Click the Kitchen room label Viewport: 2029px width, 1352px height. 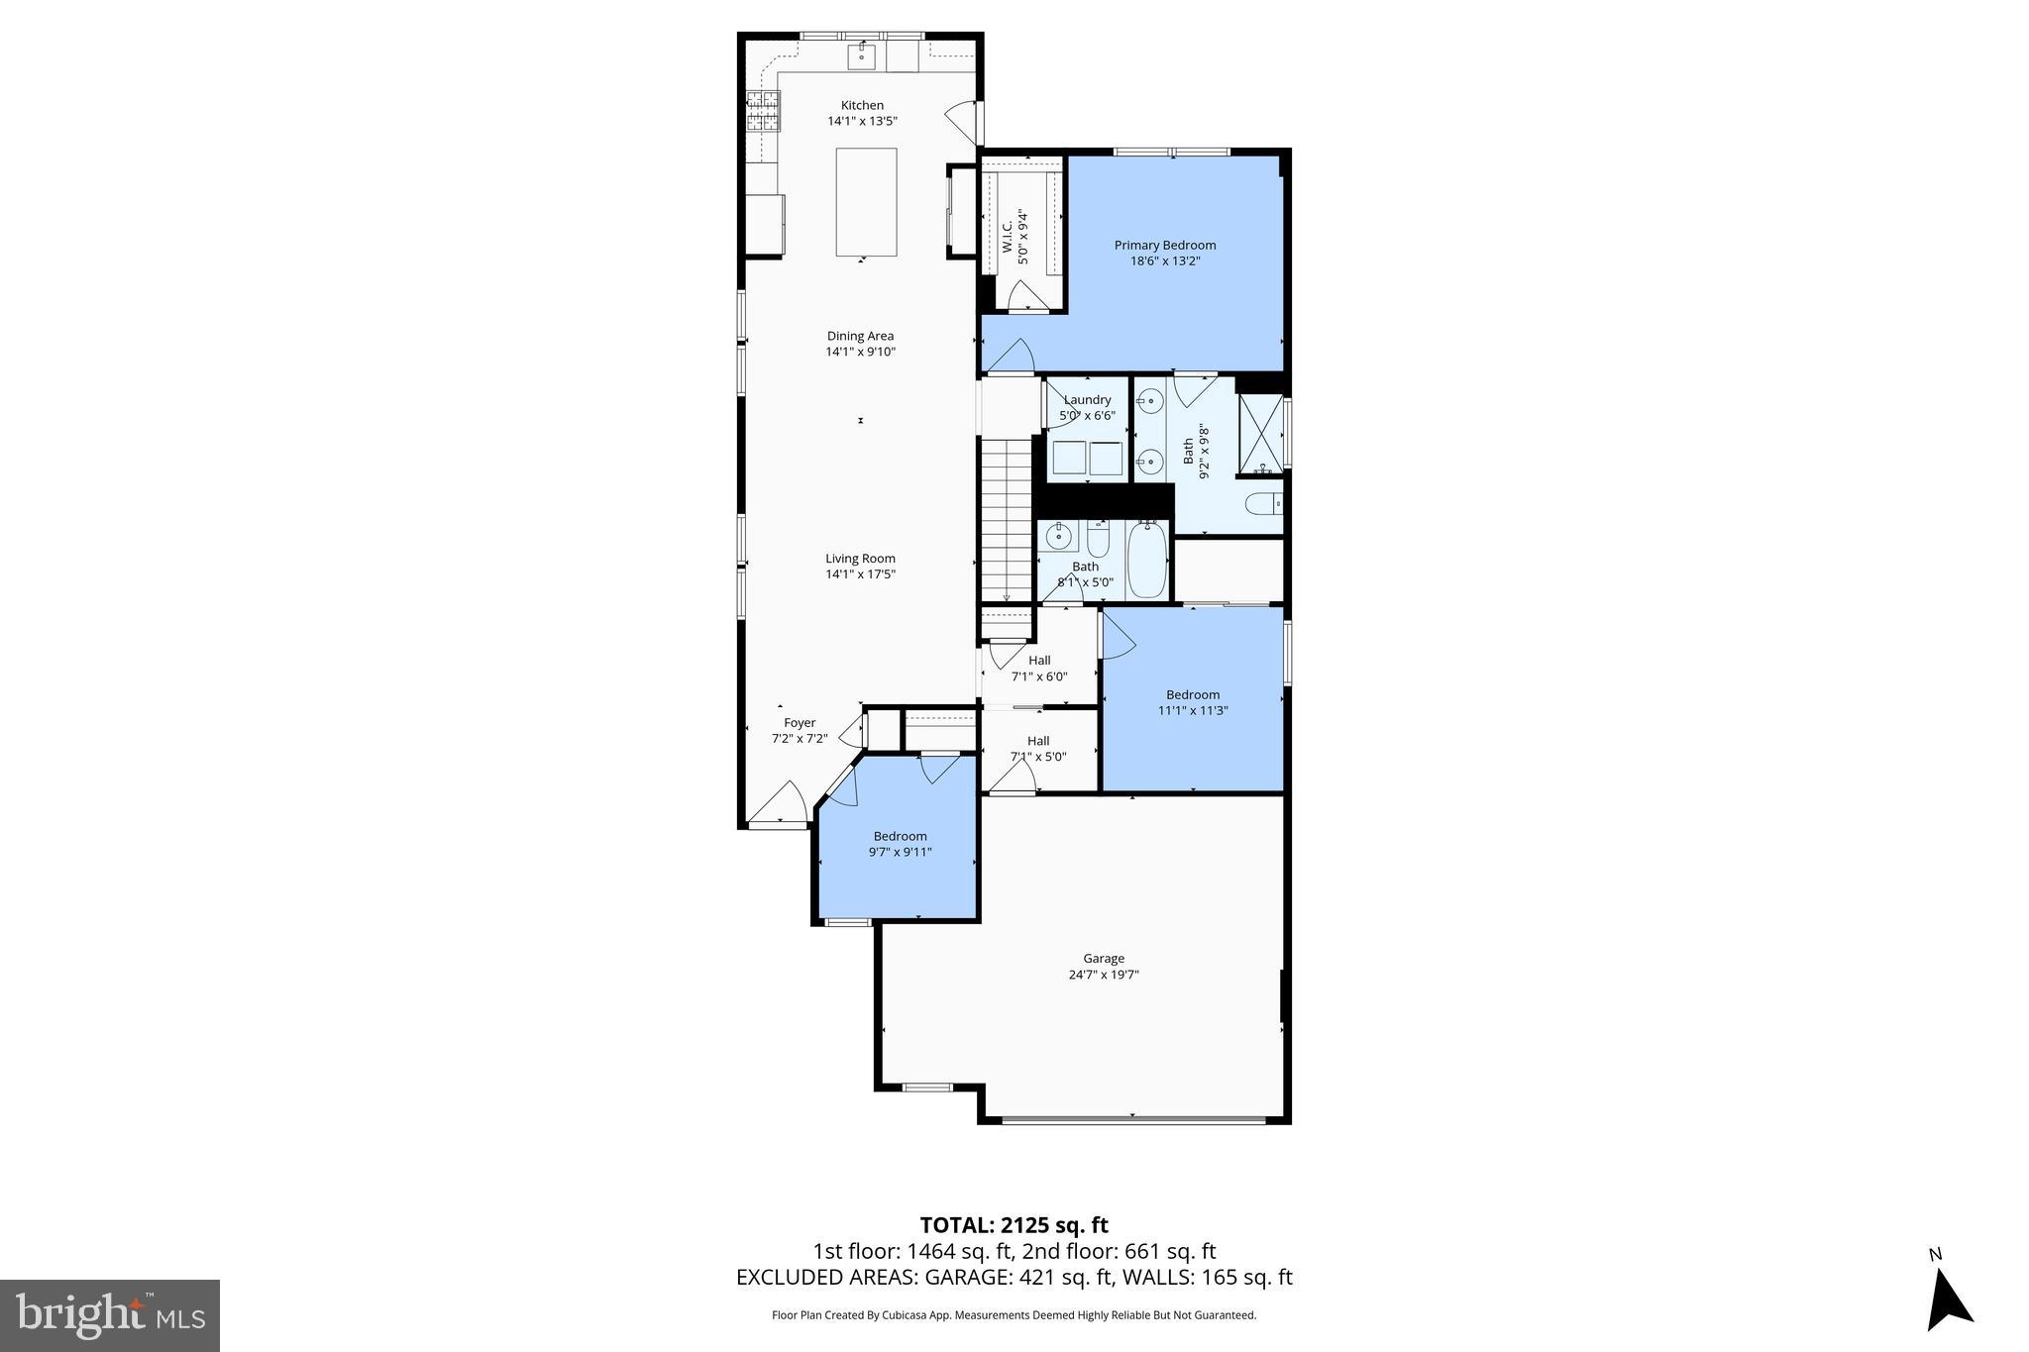tap(862, 106)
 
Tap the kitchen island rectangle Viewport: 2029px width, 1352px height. tap(866, 202)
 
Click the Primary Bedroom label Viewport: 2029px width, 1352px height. tap(1164, 246)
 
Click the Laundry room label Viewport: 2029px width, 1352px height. tap(1087, 400)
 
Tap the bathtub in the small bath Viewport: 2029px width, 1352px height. tap(1147, 560)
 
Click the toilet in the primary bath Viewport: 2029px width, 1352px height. tap(1262, 505)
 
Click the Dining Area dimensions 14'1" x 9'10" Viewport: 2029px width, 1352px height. tap(860, 352)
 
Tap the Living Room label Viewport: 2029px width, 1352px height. tap(860, 559)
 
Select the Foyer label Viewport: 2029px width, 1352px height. tap(800, 723)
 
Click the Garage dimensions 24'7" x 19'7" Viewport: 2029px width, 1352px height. tap(1103, 975)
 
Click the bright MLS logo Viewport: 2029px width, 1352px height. tap(110, 1315)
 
